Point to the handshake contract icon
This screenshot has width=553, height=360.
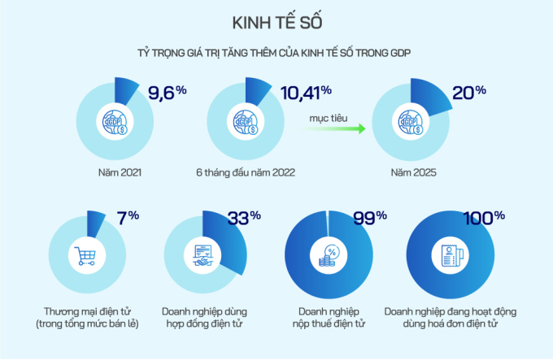(x=203, y=257)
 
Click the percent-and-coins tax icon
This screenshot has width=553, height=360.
(x=330, y=257)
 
